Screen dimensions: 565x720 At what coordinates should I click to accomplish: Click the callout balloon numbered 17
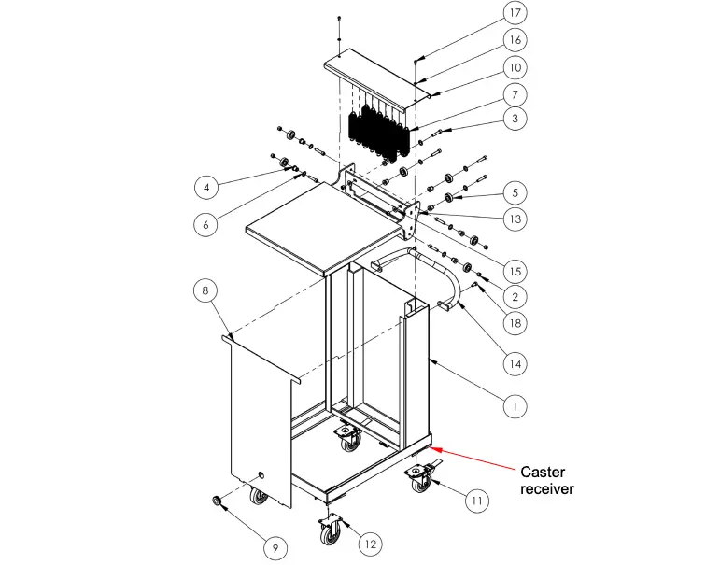point(515,13)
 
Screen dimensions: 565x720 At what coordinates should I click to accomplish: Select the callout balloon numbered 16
point(515,40)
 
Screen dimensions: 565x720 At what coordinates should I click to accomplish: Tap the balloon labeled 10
point(515,67)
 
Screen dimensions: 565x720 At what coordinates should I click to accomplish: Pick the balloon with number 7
point(515,94)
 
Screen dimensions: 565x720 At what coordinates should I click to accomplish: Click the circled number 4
point(207,187)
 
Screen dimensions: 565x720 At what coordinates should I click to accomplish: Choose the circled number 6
point(207,224)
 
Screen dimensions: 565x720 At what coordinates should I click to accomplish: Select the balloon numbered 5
point(515,193)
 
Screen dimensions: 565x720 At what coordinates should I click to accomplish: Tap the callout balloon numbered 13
point(515,219)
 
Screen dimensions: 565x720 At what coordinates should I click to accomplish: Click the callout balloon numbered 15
point(515,271)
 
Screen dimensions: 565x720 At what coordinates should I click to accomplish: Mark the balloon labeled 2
point(515,297)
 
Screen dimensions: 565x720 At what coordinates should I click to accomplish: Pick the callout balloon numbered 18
point(515,323)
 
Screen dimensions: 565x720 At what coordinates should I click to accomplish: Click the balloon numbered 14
point(515,362)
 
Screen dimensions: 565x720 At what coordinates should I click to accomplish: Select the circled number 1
point(515,406)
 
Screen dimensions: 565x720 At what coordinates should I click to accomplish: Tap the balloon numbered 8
point(207,290)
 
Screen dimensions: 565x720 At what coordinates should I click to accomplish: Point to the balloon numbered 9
point(276,545)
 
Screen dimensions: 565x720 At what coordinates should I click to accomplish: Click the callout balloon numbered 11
point(477,501)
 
